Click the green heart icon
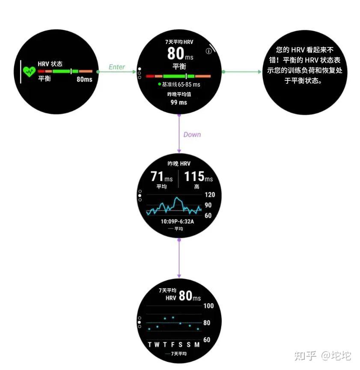point(29,71)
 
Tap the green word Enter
point(117,67)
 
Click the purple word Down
point(192,134)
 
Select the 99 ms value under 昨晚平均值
point(179,102)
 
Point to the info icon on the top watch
point(209,51)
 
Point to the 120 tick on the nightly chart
point(210,195)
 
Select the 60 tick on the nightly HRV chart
point(208,216)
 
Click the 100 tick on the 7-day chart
point(208,306)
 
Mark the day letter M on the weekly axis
point(197,345)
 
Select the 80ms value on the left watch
point(84,79)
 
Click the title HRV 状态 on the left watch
point(50,64)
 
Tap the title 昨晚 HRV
point(179,163)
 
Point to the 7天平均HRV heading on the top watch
point(179,42)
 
